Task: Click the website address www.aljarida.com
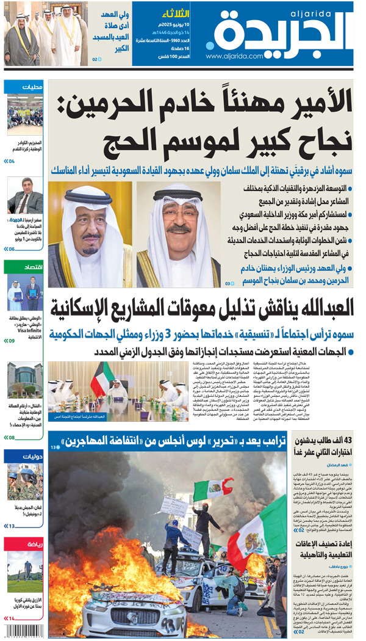click(x=235, y=56)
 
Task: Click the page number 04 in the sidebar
click(x=11, y=162)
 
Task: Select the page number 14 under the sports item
click(x=11, y=618)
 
